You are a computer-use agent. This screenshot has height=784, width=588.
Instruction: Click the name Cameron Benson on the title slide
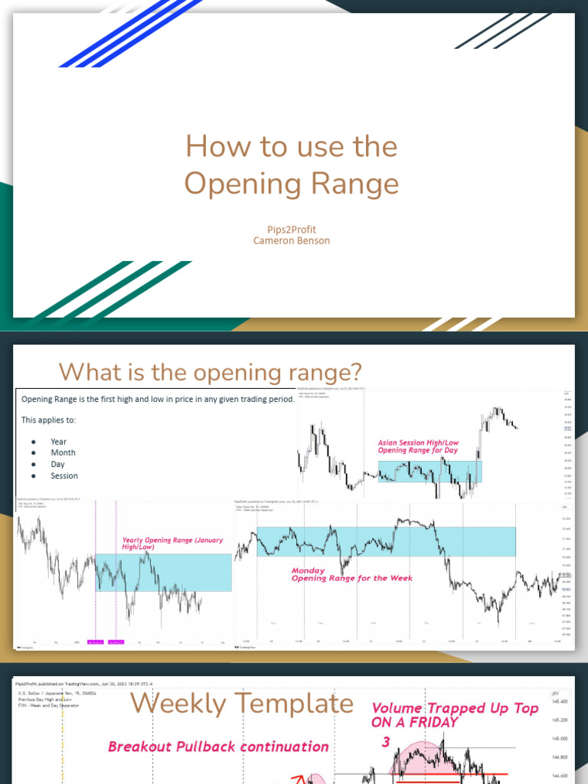(291, 240)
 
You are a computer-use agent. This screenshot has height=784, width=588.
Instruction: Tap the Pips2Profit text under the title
(291, 229)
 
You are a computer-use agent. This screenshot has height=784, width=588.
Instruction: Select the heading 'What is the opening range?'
(210, 372)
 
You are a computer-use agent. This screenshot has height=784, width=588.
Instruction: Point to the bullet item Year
(58, 442)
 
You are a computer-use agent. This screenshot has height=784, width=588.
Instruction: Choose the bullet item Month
(63, 452)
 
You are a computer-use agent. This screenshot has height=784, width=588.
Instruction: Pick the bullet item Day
(57, 464)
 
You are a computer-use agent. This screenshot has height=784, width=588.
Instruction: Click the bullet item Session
(64, 475)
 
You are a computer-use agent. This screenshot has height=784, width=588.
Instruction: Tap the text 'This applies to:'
(48, 420)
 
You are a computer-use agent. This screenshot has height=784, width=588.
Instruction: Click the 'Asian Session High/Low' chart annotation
(417, 443)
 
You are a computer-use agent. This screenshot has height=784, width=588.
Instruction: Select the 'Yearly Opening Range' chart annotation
(171, 540)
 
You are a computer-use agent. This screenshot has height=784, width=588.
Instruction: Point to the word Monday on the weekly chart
(308, 570)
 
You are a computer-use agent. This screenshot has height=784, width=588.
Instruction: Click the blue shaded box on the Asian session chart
(429, 471)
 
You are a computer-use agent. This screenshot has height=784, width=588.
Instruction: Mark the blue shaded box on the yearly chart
(163, 573)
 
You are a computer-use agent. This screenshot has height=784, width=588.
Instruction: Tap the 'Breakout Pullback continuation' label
(218, 746)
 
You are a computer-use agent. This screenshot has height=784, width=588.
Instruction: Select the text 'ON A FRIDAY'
(414, 722)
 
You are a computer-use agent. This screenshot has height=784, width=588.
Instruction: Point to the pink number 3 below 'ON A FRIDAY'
(386, 741)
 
